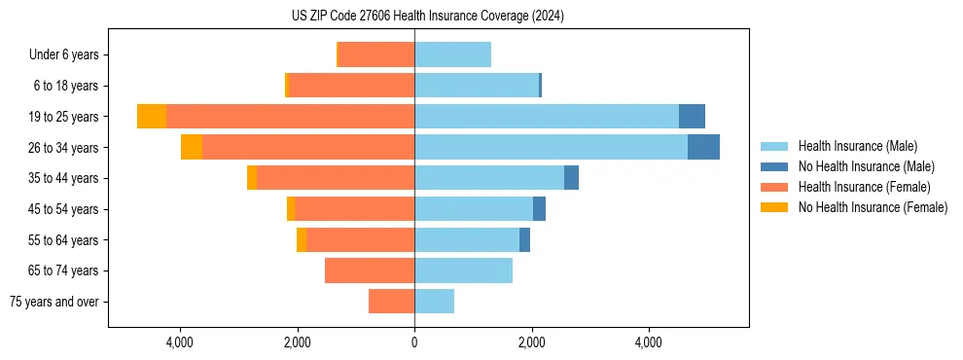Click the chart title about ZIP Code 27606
[x=427, y=17]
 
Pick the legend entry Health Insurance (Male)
[x=857, y=146]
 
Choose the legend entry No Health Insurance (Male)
[x=866, y=166]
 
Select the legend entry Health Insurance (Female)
[x=864, y=187]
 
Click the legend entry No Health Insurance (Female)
[x=873, y=207]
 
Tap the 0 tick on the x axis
[x=414, y=342]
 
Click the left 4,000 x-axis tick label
[x=180, y=342]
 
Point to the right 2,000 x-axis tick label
[x=531, y=342]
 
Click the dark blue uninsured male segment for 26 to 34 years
[x=703, y=147]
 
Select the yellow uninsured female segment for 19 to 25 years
[x=152, y=117]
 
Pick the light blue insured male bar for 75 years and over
[x=434, y=302]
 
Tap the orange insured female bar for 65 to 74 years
[x=370, y=270]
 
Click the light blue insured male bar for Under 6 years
[x=452, y=54]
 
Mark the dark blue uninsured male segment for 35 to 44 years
[x=571, y=178]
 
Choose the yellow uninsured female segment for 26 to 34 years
[x=192, y=147]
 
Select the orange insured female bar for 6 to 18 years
[x=351, y=86]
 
